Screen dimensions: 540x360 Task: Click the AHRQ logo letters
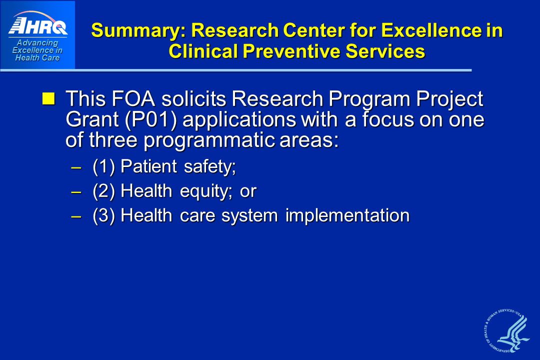[x=38, y=26]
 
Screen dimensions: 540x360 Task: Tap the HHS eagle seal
[x=506, y=330]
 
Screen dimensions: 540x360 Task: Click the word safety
[x=209, y=166]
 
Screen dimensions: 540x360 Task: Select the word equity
[x=206, y=191]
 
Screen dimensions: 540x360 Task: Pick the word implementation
[x=347, y=216]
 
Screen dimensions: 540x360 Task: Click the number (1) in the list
[x=103, y=166]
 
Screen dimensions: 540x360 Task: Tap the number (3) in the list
[x=103, y=216]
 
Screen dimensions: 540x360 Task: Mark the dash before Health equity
[x=76, y=192]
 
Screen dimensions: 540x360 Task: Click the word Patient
[x=149, y=166]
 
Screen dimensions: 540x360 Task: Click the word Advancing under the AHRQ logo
[x=37, y=43]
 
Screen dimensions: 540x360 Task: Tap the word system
[x=249, y=216]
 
